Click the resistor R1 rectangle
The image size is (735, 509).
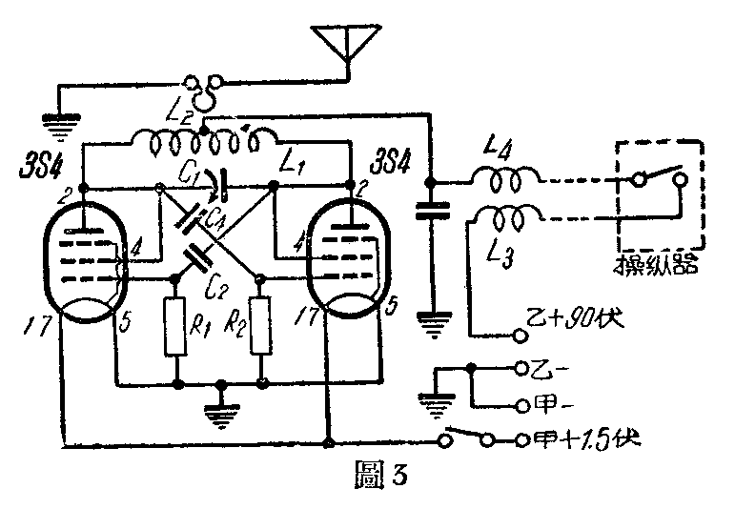(x=177, y=327)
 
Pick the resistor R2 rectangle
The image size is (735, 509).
(x=261, y=327)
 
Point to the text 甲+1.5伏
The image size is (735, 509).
(x=581, y=441)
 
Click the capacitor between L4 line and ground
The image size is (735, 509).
(x=435, y=209)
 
